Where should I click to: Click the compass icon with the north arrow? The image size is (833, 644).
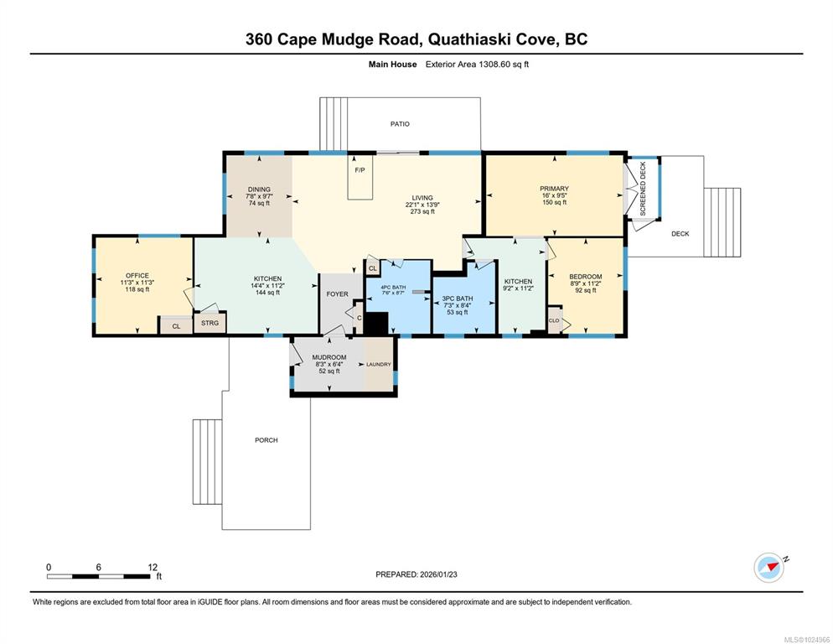(x=768, y=568)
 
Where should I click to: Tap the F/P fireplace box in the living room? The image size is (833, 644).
(x=360, y=177)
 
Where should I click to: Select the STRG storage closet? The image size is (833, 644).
(x=210, y=323)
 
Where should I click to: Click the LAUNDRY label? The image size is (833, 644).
(x=379, y=364)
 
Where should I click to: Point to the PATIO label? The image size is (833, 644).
(x=400, y=124)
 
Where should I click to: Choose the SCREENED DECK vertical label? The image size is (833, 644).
(x=643, y=189)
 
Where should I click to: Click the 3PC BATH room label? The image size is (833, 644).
(x=458, y=299)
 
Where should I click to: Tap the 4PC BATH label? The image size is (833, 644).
(x=393, y=287)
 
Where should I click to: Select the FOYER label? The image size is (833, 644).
(x=338, y=294)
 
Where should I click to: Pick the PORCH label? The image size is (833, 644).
(x=266, y=440)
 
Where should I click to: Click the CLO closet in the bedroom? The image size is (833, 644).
(x=554, y=320)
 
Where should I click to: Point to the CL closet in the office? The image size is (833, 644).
(x=176, y=325)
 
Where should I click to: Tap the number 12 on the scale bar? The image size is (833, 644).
(x=153, y=567)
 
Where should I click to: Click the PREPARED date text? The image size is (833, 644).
(x=416, y=574)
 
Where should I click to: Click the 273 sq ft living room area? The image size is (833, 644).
(x=422, y=211)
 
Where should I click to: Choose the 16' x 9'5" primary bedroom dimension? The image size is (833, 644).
(x=554, y=195)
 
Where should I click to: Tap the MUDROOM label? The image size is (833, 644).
(x=329, y=357)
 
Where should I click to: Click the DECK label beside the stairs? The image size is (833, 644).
(x=680, y=233)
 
